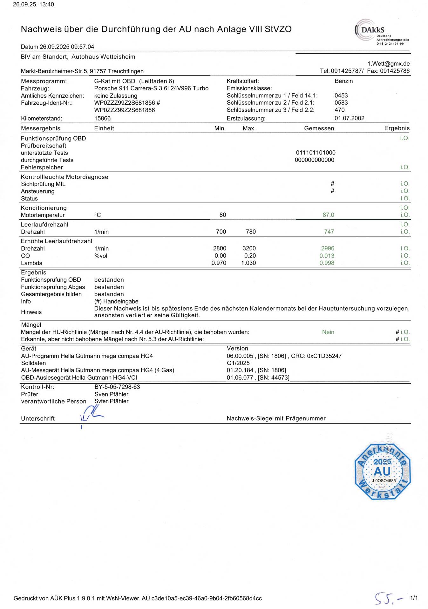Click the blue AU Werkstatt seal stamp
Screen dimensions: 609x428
coord(382,472)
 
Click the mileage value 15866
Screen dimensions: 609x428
coord(102,118)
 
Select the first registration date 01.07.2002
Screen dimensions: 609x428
coord(349,118)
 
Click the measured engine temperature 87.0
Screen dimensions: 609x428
coord(328,215)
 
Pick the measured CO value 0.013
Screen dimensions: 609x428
coord(327,256)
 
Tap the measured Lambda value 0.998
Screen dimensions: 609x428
coord(327,263)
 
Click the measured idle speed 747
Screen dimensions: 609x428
coord(329,232)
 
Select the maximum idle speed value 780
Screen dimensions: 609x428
coord(250,232)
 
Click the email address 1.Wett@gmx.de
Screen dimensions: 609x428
coord(388,64)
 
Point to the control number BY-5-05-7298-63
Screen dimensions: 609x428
coord(117,387)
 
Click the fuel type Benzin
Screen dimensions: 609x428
coord(343,81)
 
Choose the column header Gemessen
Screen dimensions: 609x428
coord(319,128)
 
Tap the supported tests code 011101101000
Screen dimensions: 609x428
coord(316,153)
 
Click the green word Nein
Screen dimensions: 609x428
coord(328,332)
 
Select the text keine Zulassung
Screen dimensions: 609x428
coord(116,96)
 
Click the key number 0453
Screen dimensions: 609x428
coord(341,95)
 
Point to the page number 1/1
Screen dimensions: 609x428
coord(414,598)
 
